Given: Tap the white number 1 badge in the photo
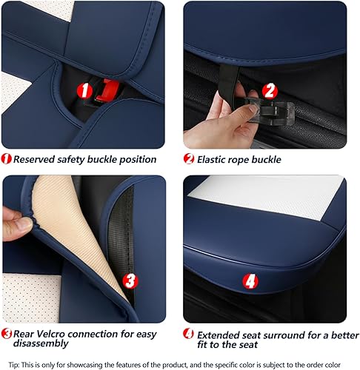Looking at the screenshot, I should tap(86, 91).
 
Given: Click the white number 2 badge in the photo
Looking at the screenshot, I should tap(270, 91).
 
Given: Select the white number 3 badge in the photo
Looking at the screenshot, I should tap(129, 280).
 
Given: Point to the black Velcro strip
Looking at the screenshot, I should tap(127, 222).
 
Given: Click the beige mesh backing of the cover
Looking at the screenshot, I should tap(70, 222).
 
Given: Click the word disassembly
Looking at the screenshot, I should tap(43, 343).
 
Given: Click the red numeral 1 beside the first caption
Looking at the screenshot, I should tap(6, 158).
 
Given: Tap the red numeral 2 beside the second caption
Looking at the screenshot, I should tap(190, 158).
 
